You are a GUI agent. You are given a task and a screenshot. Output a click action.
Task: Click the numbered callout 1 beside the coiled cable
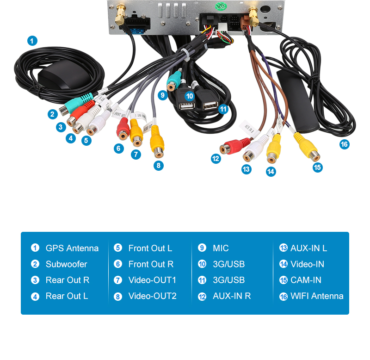(x=31, y=41)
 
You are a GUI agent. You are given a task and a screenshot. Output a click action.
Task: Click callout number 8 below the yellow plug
(x=158, y=165)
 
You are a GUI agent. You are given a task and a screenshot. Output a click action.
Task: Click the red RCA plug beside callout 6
(x=123, y=129)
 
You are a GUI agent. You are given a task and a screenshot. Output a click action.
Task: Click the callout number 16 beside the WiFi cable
(x=344, y=144)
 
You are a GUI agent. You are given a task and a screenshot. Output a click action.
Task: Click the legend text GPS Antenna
(x=72, y=248)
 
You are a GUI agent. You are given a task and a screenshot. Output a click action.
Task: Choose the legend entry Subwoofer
(x=66, y=264)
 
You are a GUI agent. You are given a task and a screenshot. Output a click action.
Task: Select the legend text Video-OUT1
(x=152, y=280)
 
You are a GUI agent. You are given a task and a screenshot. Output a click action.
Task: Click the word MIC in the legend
(x=221, y=248)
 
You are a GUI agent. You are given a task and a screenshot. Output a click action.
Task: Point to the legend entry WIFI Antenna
(x=317, y=296)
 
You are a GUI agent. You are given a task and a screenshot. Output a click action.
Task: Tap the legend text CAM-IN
(x=306, y=280)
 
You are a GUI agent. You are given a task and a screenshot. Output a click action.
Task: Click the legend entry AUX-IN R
(x=231, y=296)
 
